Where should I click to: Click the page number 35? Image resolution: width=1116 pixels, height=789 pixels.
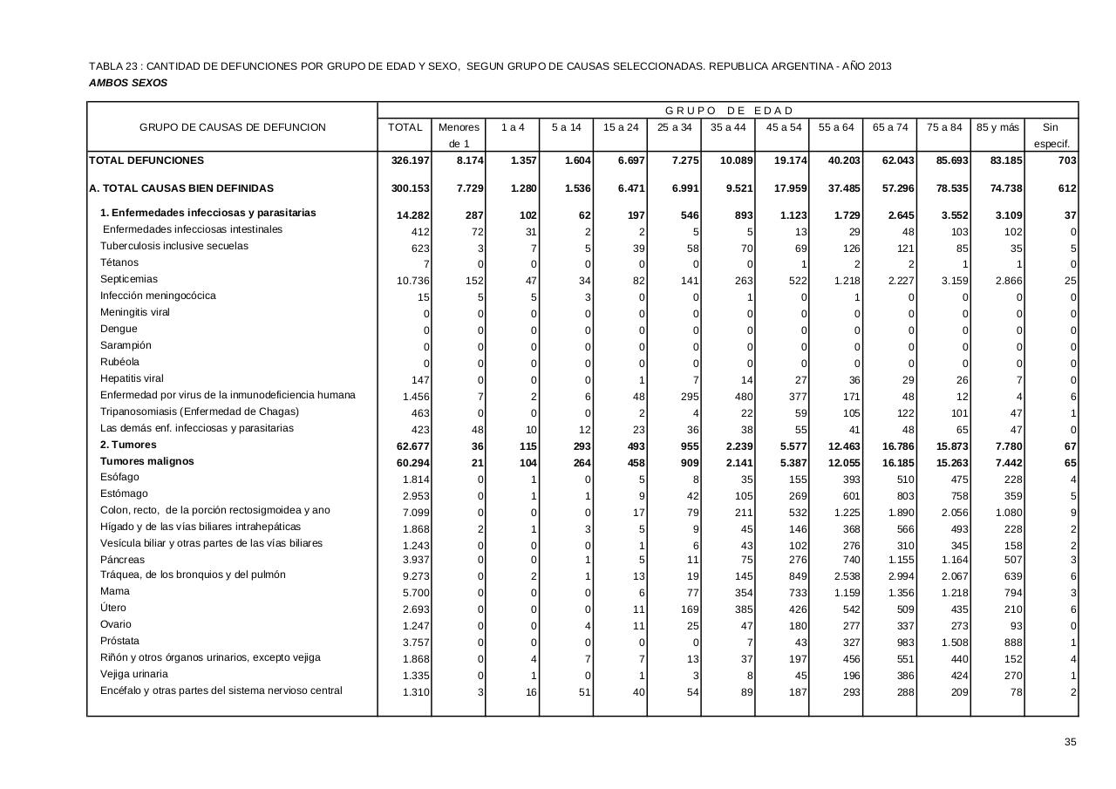pyautogui.click(x=1070, y=742)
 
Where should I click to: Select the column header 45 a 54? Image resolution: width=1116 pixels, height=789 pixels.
pyautogui.click(x=783, y=127)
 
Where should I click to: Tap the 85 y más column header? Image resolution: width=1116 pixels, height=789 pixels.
pyautogui.click(x=997, y=127)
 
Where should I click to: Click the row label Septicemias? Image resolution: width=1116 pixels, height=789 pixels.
pyautogui.click(x=129, y=279)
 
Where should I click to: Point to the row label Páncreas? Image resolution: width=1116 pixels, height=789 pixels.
pyautogui.click(x=123, y=560)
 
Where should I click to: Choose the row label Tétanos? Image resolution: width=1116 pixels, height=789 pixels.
pyautogui.click(x=119, y=262)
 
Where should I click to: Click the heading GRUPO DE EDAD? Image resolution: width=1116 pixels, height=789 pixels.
pyautogui.click(x=729, y=111)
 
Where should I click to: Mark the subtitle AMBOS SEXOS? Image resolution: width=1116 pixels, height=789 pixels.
pyautogui.click(x=128, y=84)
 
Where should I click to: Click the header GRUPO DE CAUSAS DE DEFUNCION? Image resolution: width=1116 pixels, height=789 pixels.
pyautogui.click(x=233, y=127)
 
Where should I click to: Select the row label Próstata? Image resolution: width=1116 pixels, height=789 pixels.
pyautogui.click(x=119, y=641)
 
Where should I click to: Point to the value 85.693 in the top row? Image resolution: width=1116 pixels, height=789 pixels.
pyautogui.click(x=948, y=161)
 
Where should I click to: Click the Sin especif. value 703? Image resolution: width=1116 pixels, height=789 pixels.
pyautogui.click(x=1065, y=161)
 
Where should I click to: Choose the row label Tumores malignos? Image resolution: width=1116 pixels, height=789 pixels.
pyautogui.click(x=147, y=461)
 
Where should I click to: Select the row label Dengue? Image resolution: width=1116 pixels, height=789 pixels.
pyautogui.click(x=119, y=329)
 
